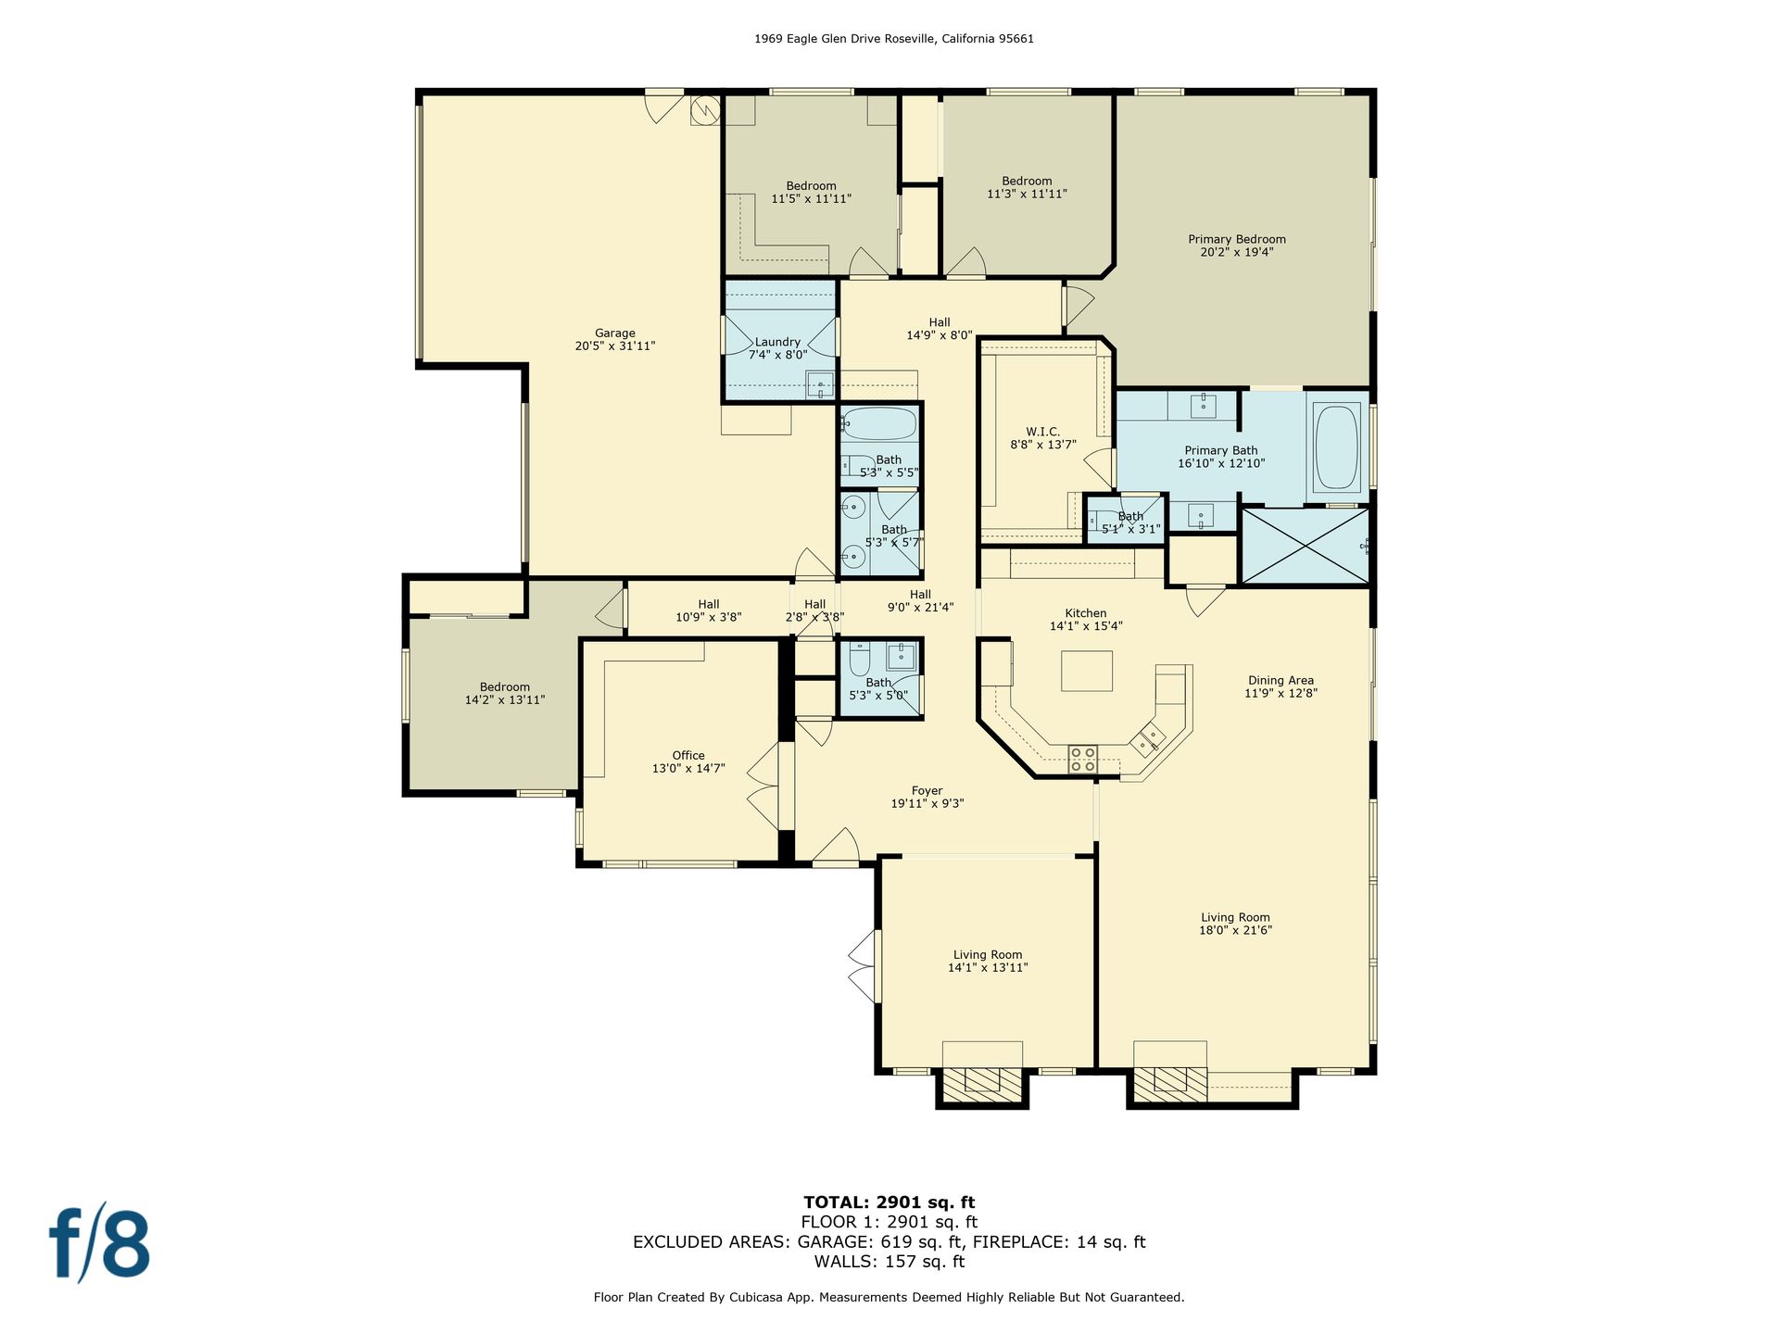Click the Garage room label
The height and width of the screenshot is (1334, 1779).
pos(615,339)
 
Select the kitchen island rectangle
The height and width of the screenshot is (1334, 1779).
pos(1087,671)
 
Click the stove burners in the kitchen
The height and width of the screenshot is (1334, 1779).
pos(1082,759)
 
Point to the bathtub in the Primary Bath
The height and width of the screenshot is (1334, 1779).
pos(1335,447)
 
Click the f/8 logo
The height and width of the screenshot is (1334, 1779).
pos(99,1241)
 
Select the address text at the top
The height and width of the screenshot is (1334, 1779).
pos(894,39)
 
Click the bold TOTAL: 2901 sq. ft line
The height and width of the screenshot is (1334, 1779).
pos(889,1202)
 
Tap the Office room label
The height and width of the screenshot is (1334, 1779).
pos(688,761)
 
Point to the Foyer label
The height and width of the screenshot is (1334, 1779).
pos(927,797)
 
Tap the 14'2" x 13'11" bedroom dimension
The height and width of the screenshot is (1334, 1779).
pos(505,700)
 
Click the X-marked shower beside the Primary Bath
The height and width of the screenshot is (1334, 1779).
pos(1305,546)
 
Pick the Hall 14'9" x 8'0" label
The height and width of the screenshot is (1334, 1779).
pos(940,329)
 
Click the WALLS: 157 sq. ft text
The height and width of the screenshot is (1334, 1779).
pos(889,1262)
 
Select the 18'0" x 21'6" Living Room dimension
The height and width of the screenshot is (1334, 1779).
pos(1235,930)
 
